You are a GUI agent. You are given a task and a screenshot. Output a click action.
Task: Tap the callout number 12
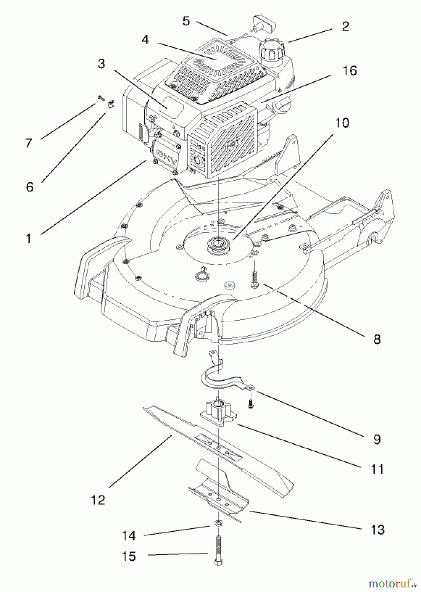98,500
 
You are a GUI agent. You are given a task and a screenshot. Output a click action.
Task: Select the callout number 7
29,143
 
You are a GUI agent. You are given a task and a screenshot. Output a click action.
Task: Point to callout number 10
342,123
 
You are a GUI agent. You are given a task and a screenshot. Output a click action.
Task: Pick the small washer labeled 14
217,523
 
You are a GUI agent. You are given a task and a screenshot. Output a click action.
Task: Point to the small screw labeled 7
100,98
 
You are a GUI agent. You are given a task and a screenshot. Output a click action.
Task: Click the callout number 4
145,40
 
